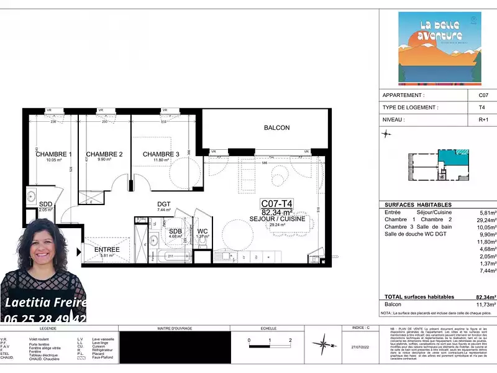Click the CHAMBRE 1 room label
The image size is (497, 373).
point(53,154)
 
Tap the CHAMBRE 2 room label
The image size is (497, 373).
point(104,154)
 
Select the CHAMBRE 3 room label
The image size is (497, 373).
point(161,154)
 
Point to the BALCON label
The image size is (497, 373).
point(276,127)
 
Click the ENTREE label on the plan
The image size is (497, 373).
point(106,249)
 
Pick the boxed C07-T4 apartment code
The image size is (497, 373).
point(276,203)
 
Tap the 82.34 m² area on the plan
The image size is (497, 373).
point(276,212)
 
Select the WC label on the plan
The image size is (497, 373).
point(203,231)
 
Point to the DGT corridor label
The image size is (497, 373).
point(163,203)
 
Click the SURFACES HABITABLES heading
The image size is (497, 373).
point(418,205)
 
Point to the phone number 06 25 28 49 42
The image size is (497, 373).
point(45,318)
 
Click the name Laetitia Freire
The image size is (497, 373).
point(45,303)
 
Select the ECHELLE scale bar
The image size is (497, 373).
point(270,340)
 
